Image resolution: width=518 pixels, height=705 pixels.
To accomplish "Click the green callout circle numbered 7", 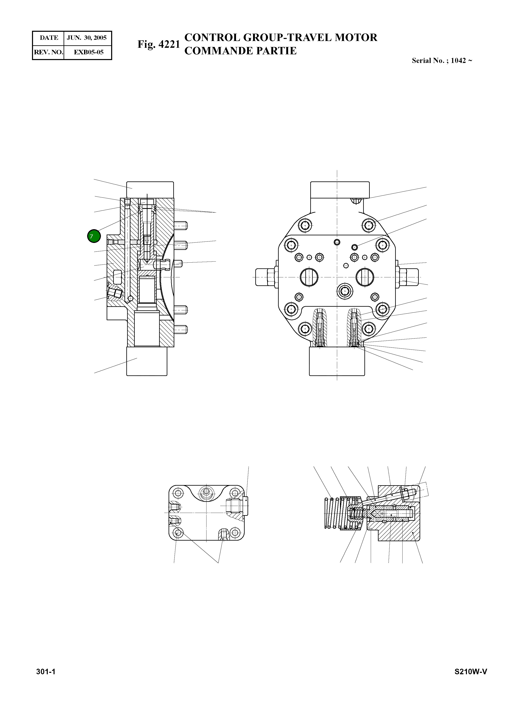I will [x=94, y=236].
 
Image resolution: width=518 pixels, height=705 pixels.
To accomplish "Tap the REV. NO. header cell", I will [x=48, y=52].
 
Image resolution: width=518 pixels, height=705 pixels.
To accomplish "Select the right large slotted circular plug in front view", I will [x=365, y=277].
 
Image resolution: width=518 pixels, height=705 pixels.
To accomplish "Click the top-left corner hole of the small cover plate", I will [x=179, y=493].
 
